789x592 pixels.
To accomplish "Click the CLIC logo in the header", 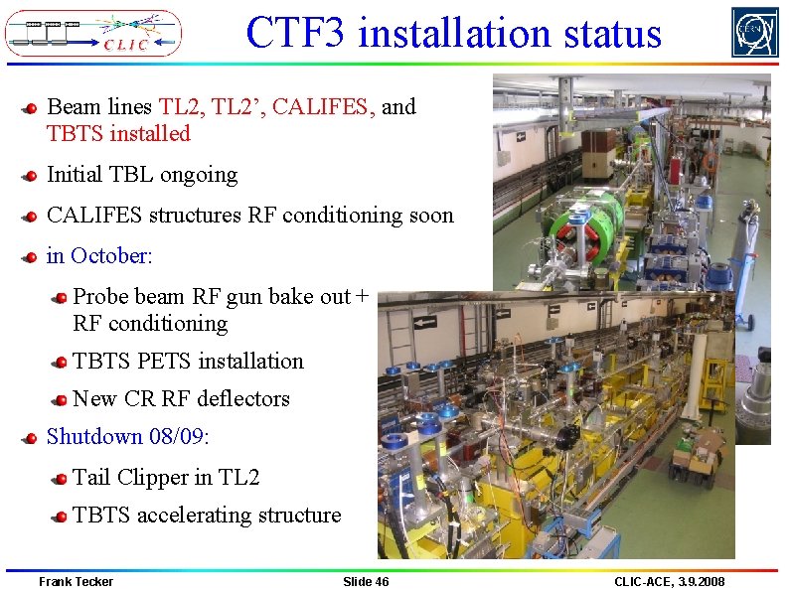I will pos(93,33).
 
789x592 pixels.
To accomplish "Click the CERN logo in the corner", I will pos(755,32).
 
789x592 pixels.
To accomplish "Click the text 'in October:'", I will pos(99,255).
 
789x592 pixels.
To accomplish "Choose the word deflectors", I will pos(243,398).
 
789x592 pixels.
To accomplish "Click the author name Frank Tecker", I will pos(76,581).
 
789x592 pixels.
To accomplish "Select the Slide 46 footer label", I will pos(366,581).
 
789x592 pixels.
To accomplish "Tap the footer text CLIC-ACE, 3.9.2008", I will pos(669,581).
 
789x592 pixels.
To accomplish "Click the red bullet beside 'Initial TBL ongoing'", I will pos(32,176).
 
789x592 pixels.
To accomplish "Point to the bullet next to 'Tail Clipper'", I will pos(60,478).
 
